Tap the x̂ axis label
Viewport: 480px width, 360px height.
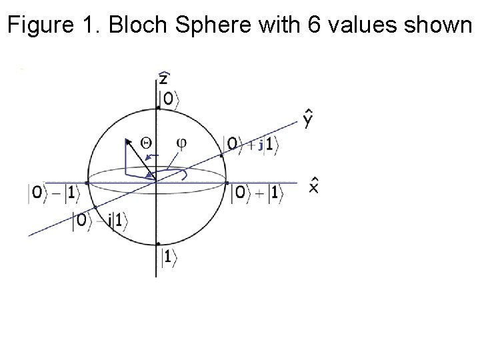(313, 185)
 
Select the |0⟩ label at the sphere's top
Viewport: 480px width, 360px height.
(168, 99)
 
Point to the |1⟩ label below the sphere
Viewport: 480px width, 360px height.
(167, 255)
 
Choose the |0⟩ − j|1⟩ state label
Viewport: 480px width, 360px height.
(100, 221)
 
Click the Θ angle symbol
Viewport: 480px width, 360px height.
(147, 141)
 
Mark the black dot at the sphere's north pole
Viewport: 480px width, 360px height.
(157, 107)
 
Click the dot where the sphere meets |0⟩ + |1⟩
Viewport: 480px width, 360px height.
(227, 182)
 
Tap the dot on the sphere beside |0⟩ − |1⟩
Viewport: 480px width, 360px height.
(89, 182)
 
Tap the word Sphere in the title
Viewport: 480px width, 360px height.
(194, 26)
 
